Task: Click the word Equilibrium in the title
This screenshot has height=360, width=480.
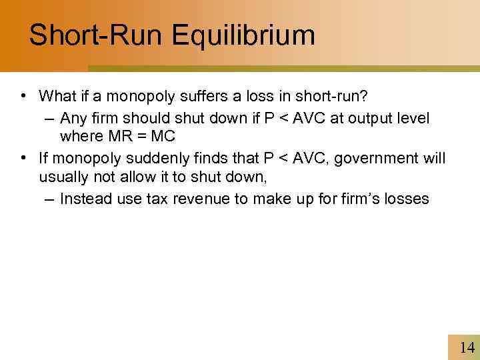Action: coord(243,35)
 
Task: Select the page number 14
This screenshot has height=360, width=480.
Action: coord(467,347)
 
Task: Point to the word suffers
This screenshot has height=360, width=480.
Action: coord(202,96)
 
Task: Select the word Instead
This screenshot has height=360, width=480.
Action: coord(83,199)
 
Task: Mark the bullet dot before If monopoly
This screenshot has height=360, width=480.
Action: coord(23,159)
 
